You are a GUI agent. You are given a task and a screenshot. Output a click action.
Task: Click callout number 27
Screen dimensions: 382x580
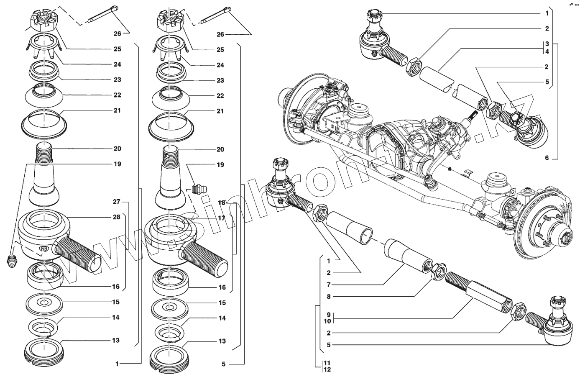(x=116, y=202)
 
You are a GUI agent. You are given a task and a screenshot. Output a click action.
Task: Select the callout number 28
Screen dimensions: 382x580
(x=116, y=217)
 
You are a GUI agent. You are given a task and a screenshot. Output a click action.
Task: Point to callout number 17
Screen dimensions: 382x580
(x=221, y=218)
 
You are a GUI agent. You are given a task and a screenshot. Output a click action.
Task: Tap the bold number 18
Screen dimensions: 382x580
(x=221, y=203)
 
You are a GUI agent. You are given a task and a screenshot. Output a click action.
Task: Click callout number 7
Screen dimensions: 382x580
(x=329, y=285)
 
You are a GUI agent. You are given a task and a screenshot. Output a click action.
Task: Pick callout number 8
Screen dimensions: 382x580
(x=329, y=296)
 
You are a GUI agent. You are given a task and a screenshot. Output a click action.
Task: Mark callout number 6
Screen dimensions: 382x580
(x=546, y=158)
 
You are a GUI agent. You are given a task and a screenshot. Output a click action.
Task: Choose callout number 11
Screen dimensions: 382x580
(x=327, y=362)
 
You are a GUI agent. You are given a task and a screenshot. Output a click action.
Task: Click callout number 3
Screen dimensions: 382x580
(x=546, y=44)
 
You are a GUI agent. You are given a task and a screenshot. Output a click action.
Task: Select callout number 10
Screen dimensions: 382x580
(x=328, y=321)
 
